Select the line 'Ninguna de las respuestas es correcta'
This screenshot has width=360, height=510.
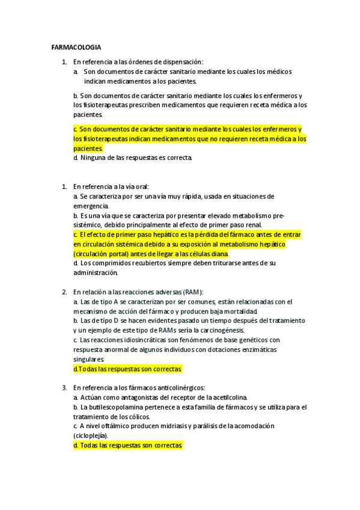point(133,158)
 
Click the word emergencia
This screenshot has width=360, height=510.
point(87,206)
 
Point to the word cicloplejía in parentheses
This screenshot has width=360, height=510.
point(90,435)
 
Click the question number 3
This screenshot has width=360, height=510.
point(64,388)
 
